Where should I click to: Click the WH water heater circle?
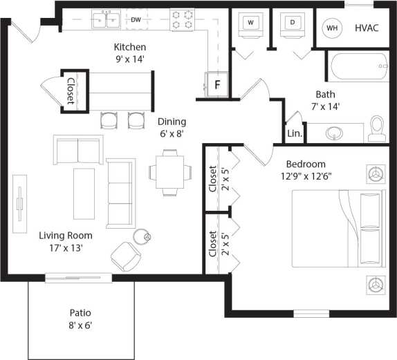(333, 28)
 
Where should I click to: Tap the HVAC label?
(368, 28)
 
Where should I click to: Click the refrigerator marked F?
(216, 85)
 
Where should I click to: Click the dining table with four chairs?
(170, 173)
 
